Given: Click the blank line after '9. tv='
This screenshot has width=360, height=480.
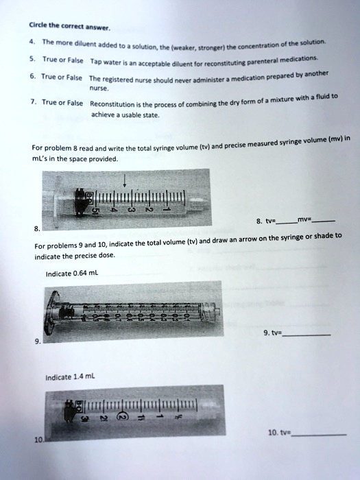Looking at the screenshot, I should [x=307, y=334].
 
